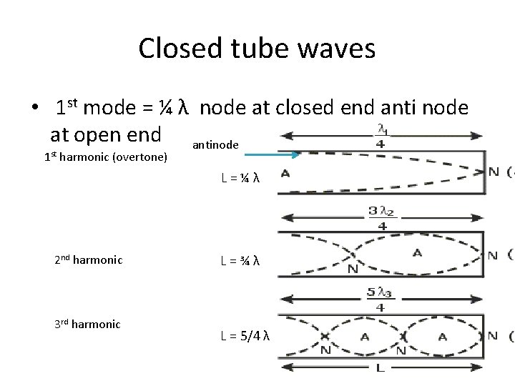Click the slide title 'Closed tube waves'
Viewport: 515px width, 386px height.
[x=257, y=49]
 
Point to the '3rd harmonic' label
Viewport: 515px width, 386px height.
[x=87, y=324]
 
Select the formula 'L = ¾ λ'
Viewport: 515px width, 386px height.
[x=240, y=261]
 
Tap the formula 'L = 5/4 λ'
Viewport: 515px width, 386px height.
[x=245, y=336]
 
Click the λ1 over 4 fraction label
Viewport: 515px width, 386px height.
[x=383, y=135]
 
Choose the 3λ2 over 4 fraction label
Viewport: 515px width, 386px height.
[x=382, y=217]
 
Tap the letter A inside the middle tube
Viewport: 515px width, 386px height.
[x=417, y=252]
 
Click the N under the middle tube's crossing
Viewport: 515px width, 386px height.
[x=352, y=270]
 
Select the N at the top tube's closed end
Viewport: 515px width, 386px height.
[x=494, y=172]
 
